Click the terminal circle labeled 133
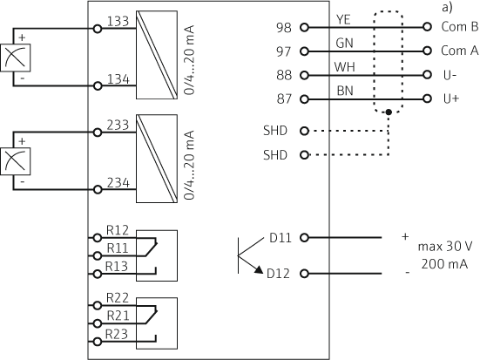coord(98,29)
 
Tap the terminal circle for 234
coord(98,190)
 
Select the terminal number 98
coord(284,28)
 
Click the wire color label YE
coord(343,19)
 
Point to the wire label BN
coord(345,91)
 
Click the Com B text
coord(459,27)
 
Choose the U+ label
coord(451,98)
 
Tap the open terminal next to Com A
coord(428,51)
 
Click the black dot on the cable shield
coord(389,112)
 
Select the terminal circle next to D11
coord(304,237)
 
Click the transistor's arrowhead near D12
coord(259,269)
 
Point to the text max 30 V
coord(445,247)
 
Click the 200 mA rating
coord(444,264)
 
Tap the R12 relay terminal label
coord(118,230)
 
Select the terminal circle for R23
coord(98,342)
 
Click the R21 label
coord(118,316)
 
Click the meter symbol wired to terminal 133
coord(16,58)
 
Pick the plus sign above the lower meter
coord(22,141)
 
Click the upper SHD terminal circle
coord(304,131)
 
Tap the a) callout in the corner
coord(447,7)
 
